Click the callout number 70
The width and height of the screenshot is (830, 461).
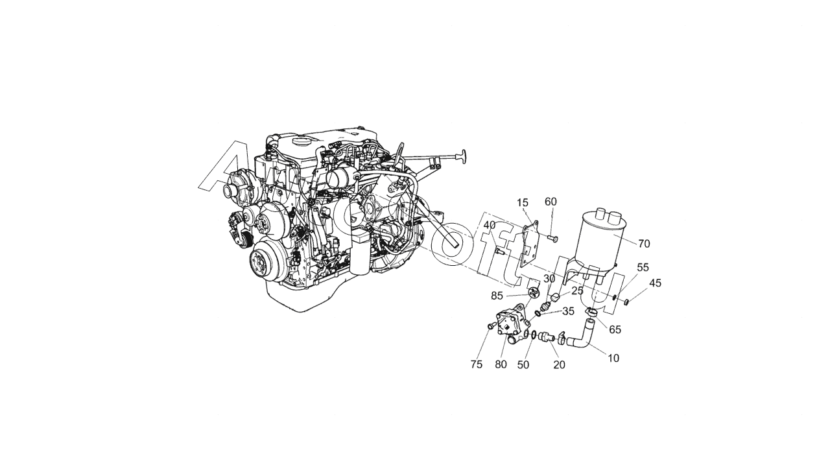[644, 244]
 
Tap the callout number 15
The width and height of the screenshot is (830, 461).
[523, 203]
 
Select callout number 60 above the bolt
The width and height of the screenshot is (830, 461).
[551, 202]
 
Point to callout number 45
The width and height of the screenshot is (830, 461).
[655, 283]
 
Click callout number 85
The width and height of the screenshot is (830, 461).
[497, 296]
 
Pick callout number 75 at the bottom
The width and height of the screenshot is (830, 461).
[477, 364]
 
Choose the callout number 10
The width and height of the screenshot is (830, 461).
[613, 358]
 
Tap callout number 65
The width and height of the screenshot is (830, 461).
[615, 329]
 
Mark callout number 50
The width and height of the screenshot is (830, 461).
[523, 365]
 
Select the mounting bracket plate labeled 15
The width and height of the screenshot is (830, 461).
[530, 245]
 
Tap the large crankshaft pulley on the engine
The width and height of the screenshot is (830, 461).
[266, 261]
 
